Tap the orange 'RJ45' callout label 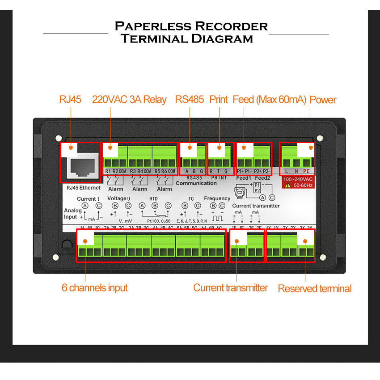pyautogui.click(x=70, y=99)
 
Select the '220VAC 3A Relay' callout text pyautogui.click(x=129, y=99)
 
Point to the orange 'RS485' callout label pyautogui.click(x=190, y=99)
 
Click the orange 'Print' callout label pyautogui.click(x=219, y=99)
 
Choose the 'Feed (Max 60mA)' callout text pyautogui.click(x=269, y=99)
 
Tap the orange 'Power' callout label pyautogui.click(x=323, y=99)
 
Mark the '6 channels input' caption pyautogui.click(x=94, y=287)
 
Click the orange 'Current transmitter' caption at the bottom pyautogui.click(x=230, y=287)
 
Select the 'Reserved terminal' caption pyautogui.click(x=315, y=288)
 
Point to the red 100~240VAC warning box pyautogui.click(x=298, y=182)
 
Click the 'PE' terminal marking pyautogui.click(x=306, y=171)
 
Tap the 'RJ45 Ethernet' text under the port pyautogui.click(x=81, y=188)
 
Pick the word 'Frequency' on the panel pyautogui.click(x=217, y=198)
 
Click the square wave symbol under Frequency pyautogui.click(x=217, y=220)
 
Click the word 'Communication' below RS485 pyautogui.click(x=196, y=183)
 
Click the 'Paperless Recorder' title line pyautogui.click(x=191, y=26)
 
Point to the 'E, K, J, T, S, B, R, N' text pyautogui.click(x=192, y=221)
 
